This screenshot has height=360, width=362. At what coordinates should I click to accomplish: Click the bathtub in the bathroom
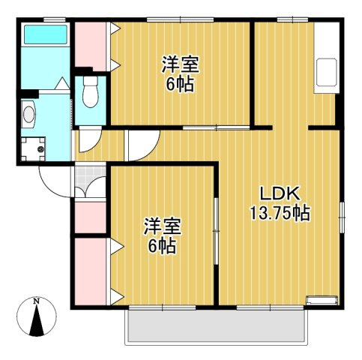point(46,34)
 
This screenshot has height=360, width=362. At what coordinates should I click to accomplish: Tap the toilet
point(91,91)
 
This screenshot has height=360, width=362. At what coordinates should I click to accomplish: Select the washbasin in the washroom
point(28,115)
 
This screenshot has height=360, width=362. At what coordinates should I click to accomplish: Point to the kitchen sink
point(326,72)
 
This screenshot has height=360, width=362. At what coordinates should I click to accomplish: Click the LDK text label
point(280,194)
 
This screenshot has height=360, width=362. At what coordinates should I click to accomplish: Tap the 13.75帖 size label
point(280,213)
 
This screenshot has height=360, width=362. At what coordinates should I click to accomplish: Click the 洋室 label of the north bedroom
point(181,64)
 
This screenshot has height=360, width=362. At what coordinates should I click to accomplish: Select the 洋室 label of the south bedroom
point(163,226)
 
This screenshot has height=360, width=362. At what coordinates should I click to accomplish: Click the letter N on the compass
point(37,301)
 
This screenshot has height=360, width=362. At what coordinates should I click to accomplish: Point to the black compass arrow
point(37,321)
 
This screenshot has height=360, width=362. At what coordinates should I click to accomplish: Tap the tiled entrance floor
point(91,179)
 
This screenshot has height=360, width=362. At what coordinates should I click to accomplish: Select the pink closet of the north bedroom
point(91,46)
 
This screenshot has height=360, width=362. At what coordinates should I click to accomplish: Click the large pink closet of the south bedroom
point(91,271)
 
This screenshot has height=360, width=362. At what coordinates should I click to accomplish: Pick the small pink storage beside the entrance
point(91,217)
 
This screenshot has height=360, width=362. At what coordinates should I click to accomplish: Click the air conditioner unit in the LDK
point(322,301)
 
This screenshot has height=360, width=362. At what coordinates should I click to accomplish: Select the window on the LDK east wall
point(342,217)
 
